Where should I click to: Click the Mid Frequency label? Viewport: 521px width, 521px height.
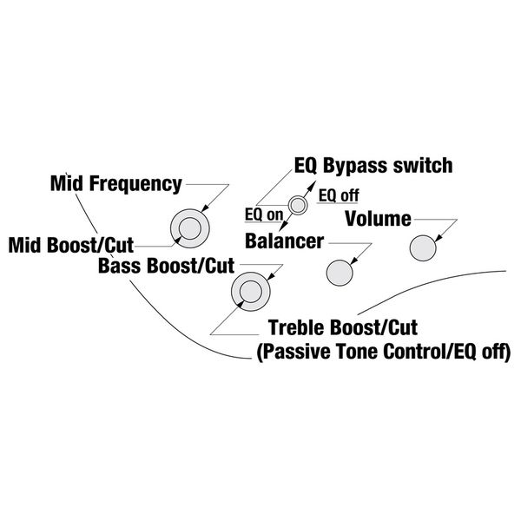point(115,183)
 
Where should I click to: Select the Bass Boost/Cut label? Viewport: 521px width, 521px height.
point(165,265)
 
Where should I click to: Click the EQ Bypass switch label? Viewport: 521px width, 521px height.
point(374,164)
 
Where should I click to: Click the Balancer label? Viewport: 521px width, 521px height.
point(284,239)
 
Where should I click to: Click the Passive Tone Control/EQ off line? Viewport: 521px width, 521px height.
point(381,352)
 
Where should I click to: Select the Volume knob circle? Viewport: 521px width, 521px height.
point(423,247)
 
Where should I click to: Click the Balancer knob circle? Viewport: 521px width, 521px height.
point(339,273)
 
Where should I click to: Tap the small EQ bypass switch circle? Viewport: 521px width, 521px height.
point(299,205)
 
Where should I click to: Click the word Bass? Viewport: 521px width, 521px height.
point(122,265)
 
